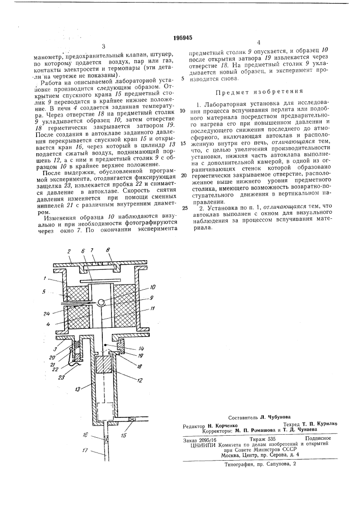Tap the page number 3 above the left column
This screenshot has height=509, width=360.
coord(103,46)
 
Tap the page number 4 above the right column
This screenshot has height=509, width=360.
coord(259,43)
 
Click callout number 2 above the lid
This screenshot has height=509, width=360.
coord(68,251)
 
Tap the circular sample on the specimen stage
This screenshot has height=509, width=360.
coord(103,302)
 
